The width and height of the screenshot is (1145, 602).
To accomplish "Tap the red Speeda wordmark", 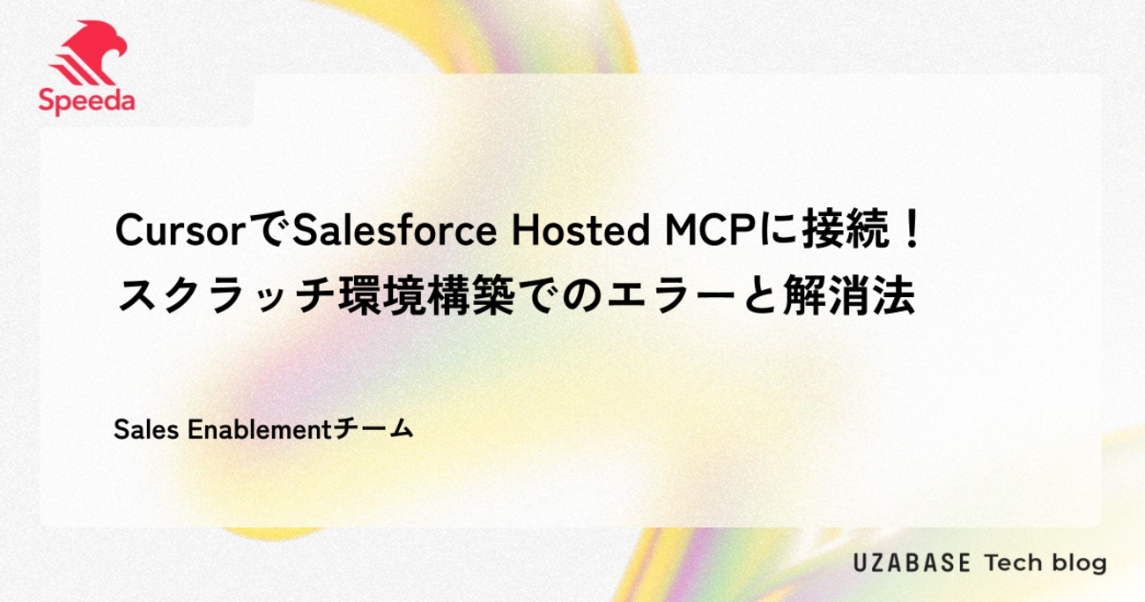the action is (86, 101).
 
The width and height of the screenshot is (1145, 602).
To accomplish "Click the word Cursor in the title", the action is (181, 231).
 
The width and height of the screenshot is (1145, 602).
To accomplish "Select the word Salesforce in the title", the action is (394, 231).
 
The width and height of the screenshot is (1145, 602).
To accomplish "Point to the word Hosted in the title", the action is (580, 231).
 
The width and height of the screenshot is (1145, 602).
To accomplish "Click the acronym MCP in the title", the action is (711, 231).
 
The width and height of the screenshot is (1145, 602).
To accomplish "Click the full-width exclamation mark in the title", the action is (912, 230).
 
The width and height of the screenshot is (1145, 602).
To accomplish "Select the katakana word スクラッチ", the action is (226, 295).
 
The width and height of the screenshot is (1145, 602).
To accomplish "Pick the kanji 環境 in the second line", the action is (380, 295).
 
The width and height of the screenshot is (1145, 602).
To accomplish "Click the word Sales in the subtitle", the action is (146, 429).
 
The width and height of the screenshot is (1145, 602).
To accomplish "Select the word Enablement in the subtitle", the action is (260, 429).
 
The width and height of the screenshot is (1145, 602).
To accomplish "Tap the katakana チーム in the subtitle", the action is (373, 429).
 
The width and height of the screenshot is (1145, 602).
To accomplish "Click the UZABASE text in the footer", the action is (912, 563).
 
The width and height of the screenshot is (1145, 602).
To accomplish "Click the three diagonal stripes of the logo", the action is (74, 71).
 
